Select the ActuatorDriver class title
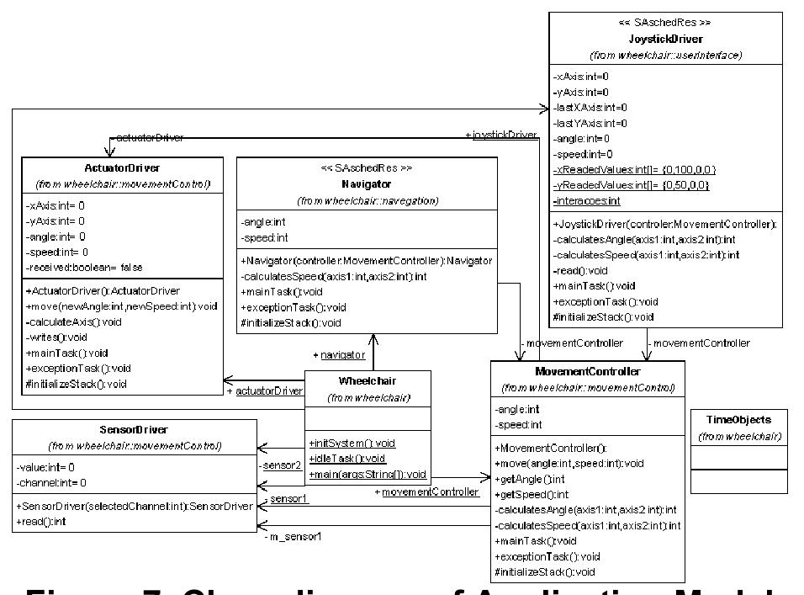[122, 167]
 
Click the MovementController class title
[588, 371]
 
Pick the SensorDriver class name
[134, 429]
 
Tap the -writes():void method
[63, 337]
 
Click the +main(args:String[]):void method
[368, 474]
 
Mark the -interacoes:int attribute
[587, 200]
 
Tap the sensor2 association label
[282, 464]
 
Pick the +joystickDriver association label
[501, 135]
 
